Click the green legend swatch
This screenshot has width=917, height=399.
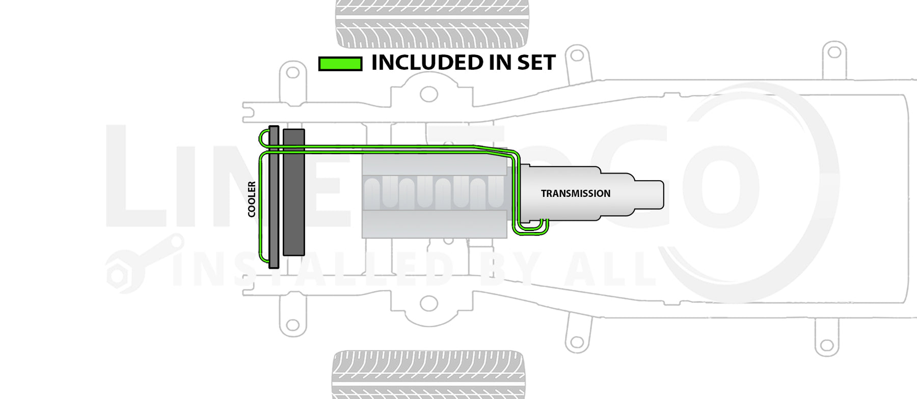[x=340, y=64]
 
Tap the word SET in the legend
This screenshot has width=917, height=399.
[x=536, y=63]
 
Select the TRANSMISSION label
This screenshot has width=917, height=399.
[x=575, y=193]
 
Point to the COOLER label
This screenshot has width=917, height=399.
[x=252, y=199]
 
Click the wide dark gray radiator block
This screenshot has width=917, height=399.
[x=293, y=192]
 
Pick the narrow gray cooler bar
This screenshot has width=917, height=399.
[x=274, y=196]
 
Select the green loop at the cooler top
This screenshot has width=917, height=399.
[x=262, y=137]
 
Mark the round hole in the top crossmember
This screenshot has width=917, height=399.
[x=428, y=94]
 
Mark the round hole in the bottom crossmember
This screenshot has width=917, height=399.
[x=428, y=304]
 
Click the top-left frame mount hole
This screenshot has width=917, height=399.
[x=292, y=72]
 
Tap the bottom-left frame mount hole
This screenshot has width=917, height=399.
[x=292, y=325]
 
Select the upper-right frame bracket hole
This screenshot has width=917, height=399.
[x=834, y=52]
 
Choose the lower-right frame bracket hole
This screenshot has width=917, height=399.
[x=826, y=346]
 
